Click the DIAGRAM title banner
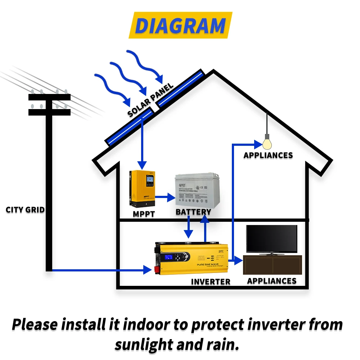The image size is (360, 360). [x=180, y=26]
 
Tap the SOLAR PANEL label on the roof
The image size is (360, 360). [x=150, y=100]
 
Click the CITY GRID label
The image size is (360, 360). [x=25, y=210]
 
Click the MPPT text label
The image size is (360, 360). [x=144, y=214]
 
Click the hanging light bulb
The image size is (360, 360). [x=267, y=143]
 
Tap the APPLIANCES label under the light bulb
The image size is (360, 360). [x=268, y=156]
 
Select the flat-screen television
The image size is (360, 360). [x=271, y=239]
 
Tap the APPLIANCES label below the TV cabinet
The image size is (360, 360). [x=271, y=281]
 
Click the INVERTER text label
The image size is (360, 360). [x=211, y=281]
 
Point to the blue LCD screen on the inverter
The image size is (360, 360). [x=168, y=258]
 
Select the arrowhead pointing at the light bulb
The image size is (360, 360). [x=258, y=144]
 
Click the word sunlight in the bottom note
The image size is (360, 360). [x=144, y=345]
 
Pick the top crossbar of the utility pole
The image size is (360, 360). [x=49, y=97]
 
